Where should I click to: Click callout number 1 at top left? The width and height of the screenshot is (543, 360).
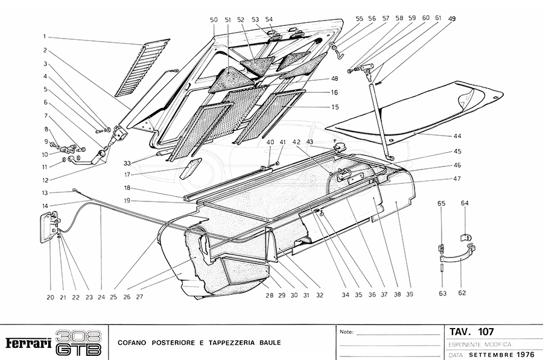click(45, 36)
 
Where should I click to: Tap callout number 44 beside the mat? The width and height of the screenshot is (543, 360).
click(459, 137)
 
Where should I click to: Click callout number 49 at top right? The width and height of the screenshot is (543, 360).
click(452, 18)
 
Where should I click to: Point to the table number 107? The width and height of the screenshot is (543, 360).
click(485, 332)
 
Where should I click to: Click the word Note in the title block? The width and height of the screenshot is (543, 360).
click(346, 332)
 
